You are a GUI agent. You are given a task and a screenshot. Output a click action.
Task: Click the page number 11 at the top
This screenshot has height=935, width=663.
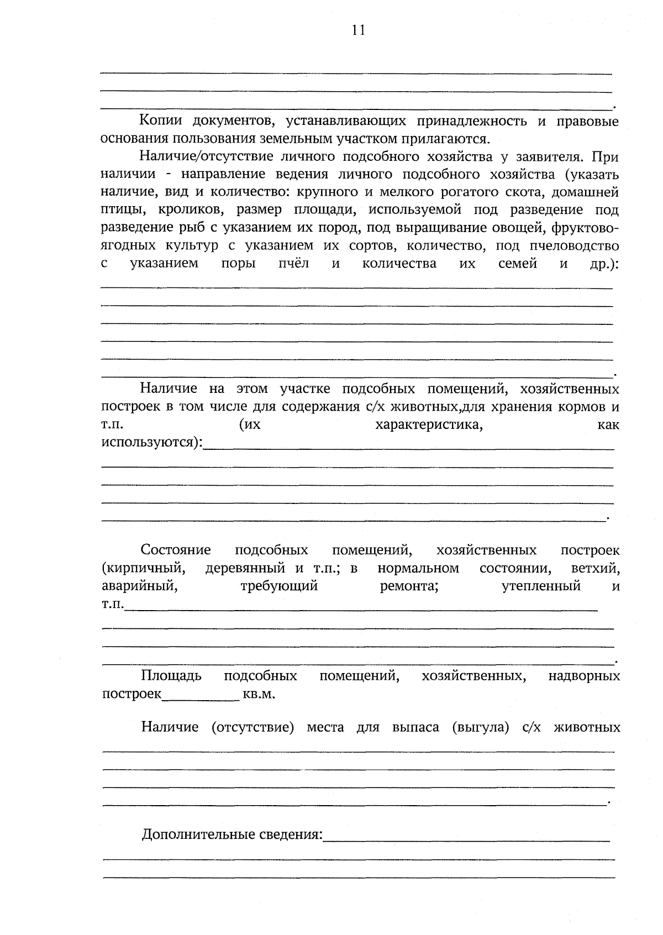tap(358, 30)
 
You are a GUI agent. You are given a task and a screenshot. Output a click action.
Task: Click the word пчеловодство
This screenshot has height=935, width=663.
tap(573, 246)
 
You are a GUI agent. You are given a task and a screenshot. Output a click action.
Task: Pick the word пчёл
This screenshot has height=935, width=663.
tap(293, 264)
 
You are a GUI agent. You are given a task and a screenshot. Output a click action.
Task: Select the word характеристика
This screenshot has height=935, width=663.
tap(429, 425)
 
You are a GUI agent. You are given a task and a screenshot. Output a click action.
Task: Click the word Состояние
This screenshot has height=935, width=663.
tap(176, 550)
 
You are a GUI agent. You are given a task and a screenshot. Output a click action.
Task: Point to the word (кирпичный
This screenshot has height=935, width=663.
tap(143, 568)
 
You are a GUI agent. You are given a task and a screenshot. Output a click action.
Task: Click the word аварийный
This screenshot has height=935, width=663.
tap(139, 586)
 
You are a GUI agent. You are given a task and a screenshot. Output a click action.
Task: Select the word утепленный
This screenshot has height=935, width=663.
tap(541, 586)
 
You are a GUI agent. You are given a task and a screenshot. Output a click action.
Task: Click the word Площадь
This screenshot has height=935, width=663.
tap(171, 676)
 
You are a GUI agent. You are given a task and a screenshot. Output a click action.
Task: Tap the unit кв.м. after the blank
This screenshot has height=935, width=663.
tap(259, 694)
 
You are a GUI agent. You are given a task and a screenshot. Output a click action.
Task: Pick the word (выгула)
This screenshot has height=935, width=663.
tap(480, 727)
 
